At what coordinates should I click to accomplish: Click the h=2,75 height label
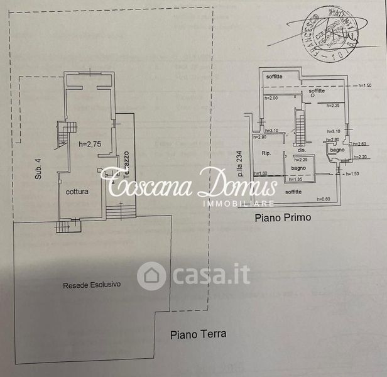tap(90, 144)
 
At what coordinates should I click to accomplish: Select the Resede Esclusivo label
tap(92, 285)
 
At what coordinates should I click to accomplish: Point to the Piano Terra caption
tap(198, 334)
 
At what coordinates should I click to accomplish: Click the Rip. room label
tap(266, 153)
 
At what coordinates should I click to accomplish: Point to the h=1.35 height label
tap(296, 180)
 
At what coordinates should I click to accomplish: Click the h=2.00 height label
tap(271, 98)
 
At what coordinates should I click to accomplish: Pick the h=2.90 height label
tap(259, 137)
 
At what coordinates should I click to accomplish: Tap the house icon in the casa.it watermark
tap(151, 275)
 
